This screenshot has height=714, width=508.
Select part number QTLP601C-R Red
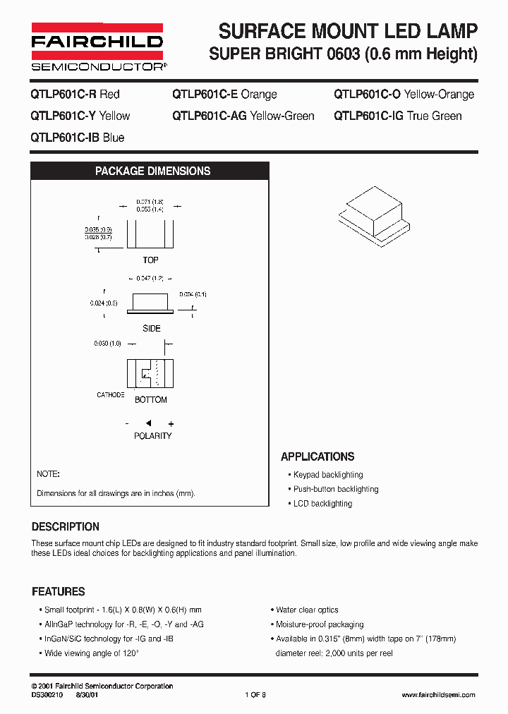(75, 95)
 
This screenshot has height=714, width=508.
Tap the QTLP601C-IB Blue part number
(77, 138)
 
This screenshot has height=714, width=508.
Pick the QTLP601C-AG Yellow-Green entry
(243, 116)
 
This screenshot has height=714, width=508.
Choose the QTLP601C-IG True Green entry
(397, 116)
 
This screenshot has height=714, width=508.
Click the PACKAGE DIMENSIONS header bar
(152, 171)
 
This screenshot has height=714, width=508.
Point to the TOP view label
(150, 260)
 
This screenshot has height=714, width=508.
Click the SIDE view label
(151, 328)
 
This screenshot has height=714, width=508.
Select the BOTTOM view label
(151, 400)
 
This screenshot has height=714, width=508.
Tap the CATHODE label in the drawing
(111, 395)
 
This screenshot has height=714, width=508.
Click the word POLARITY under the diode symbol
(152, 436)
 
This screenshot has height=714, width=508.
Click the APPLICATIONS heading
(317, 456)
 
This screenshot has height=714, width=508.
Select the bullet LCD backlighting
(322, 504)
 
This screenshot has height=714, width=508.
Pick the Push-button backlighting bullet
(335, 489)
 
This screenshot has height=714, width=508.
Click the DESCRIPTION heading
(66, 526)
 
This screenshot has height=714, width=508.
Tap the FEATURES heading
(58, 591)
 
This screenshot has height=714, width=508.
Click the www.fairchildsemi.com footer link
(438, 695)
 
